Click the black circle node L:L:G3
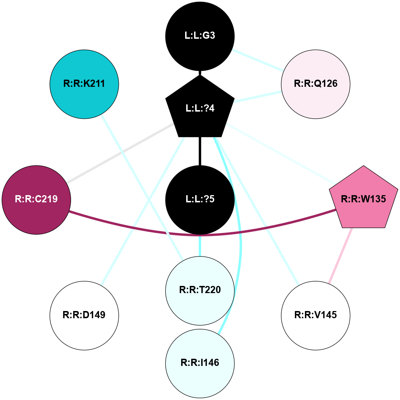tap(200, 36)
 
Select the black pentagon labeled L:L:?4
tap(200, 108)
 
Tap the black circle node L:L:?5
tap(200, 199)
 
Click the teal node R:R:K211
tap(84, 84)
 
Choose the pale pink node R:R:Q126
tap(316, 84)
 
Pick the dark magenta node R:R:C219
tap(36, 199)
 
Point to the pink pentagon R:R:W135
tap(363, 199)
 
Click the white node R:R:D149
tap(84, 315)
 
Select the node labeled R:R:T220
tap(200, 290)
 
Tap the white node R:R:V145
tap(316, 315)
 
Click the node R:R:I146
tap(200, 363)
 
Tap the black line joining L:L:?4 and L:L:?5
tap(200, 151)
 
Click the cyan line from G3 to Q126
tap(257, 59)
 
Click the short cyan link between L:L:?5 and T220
tap(200, 245)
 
